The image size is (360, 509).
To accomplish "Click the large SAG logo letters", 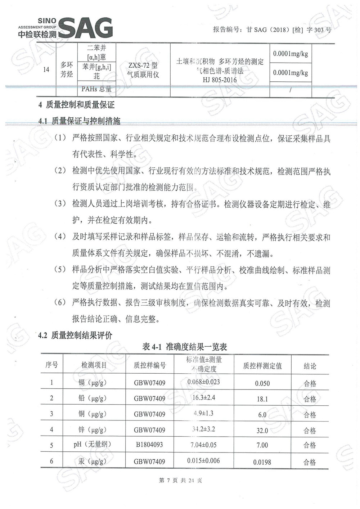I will (86, 28).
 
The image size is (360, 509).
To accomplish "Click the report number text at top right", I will (272, 30).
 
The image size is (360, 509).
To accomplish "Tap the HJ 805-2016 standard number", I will (220, 80).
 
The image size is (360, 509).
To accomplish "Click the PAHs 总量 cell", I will (96, 89).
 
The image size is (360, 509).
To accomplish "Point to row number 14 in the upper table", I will (46, 69).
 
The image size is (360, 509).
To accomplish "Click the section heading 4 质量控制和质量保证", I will (76, 105).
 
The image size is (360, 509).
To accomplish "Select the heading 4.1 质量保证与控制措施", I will (79, 121).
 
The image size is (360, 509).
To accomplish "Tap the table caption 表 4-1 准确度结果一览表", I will (185, 347).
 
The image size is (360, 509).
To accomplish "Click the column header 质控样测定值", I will (262, 366).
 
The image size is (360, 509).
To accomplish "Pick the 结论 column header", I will (310, 366).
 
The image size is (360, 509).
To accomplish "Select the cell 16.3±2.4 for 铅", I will (204, 398).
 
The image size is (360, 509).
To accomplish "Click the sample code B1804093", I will (149, 445).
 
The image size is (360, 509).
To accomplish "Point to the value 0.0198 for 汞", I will (262, 462).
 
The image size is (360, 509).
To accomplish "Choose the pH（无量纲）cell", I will (93, 444).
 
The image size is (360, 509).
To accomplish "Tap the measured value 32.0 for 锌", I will (262, 431).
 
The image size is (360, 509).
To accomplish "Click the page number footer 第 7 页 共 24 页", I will (180, 480).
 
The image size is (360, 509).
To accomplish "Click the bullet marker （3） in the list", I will (60, 204).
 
